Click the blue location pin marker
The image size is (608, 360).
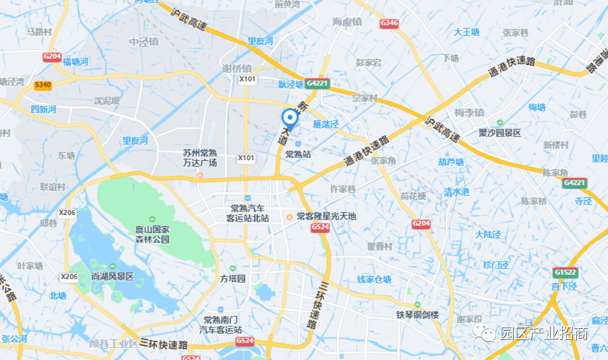click(x=290, y=118)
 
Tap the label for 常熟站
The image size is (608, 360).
click(x=298, y=154)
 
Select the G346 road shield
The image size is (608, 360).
click(x=389, y=23)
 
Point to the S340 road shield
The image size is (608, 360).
click(x=43, y=85)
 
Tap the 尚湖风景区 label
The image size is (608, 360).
click(x=112, y=276)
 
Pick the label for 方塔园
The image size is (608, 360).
click(x=232, y=279)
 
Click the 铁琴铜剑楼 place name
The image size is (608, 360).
click(x=418, y=315)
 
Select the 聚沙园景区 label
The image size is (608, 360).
click(x=499, y=133)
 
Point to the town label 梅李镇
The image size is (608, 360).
click(x=469, y=113)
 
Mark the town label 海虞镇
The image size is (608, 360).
click(x=347, y=22)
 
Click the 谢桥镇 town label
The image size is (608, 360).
click(x=237, y=68)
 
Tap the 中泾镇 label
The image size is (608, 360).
click(x=144, y=42)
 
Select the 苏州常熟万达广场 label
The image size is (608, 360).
click(x=200, y=158)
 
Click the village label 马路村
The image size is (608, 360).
click(x=39, y=32)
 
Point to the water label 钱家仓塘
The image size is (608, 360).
click(x=374, y=279)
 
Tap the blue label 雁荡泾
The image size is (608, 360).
click(x=326, y=125)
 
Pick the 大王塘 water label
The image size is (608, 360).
click(x=466, y=32)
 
